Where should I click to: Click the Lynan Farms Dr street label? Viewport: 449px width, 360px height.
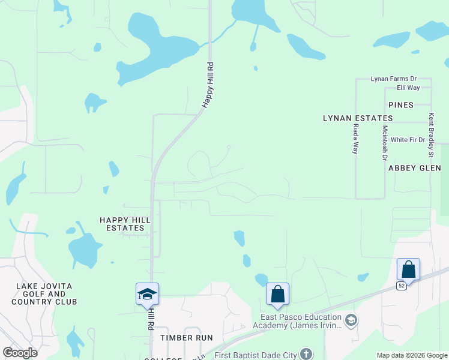[393, 79]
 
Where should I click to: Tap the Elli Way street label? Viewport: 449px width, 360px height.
[408, 88]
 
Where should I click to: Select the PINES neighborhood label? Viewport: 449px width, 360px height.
[401, 105]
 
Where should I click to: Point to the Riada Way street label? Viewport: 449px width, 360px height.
[356, 139]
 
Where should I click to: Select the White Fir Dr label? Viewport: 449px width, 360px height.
[408, 140]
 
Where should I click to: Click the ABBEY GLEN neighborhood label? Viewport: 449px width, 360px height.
[411, 169]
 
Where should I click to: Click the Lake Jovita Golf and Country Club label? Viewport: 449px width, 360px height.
[44, 294]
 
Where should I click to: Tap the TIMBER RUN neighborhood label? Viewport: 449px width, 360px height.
[187, 338]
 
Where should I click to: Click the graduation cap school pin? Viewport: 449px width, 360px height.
[147, 294]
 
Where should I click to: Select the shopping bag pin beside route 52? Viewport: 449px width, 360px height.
[408, 269]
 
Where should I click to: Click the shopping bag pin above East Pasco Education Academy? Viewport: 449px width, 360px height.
[277, 294]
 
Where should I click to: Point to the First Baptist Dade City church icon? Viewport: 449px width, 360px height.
[306, 354]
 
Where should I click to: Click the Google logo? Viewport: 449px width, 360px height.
[20, 353]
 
